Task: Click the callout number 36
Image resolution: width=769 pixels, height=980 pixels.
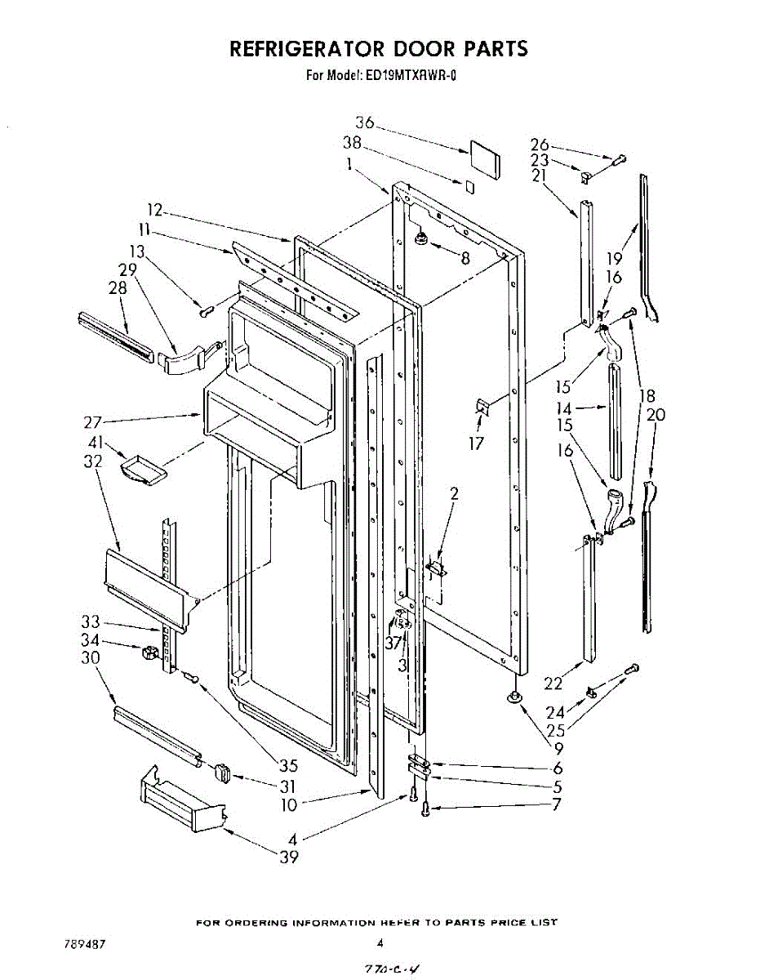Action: (364, 123)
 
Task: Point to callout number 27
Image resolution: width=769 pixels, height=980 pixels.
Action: (92, 423)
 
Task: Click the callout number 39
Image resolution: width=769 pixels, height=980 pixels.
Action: (288, 857)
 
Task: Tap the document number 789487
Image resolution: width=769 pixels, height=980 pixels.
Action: (85, 944)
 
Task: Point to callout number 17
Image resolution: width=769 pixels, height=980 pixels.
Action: (477, 443)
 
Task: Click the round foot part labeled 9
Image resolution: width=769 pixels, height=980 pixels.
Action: (515, 697)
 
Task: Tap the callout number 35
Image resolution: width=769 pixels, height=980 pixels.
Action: (288, 766)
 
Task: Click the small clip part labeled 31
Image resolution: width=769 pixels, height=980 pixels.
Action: (222, 773)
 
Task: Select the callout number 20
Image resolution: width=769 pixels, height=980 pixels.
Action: (656, 415)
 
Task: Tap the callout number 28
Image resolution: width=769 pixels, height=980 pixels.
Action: (118, 287)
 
